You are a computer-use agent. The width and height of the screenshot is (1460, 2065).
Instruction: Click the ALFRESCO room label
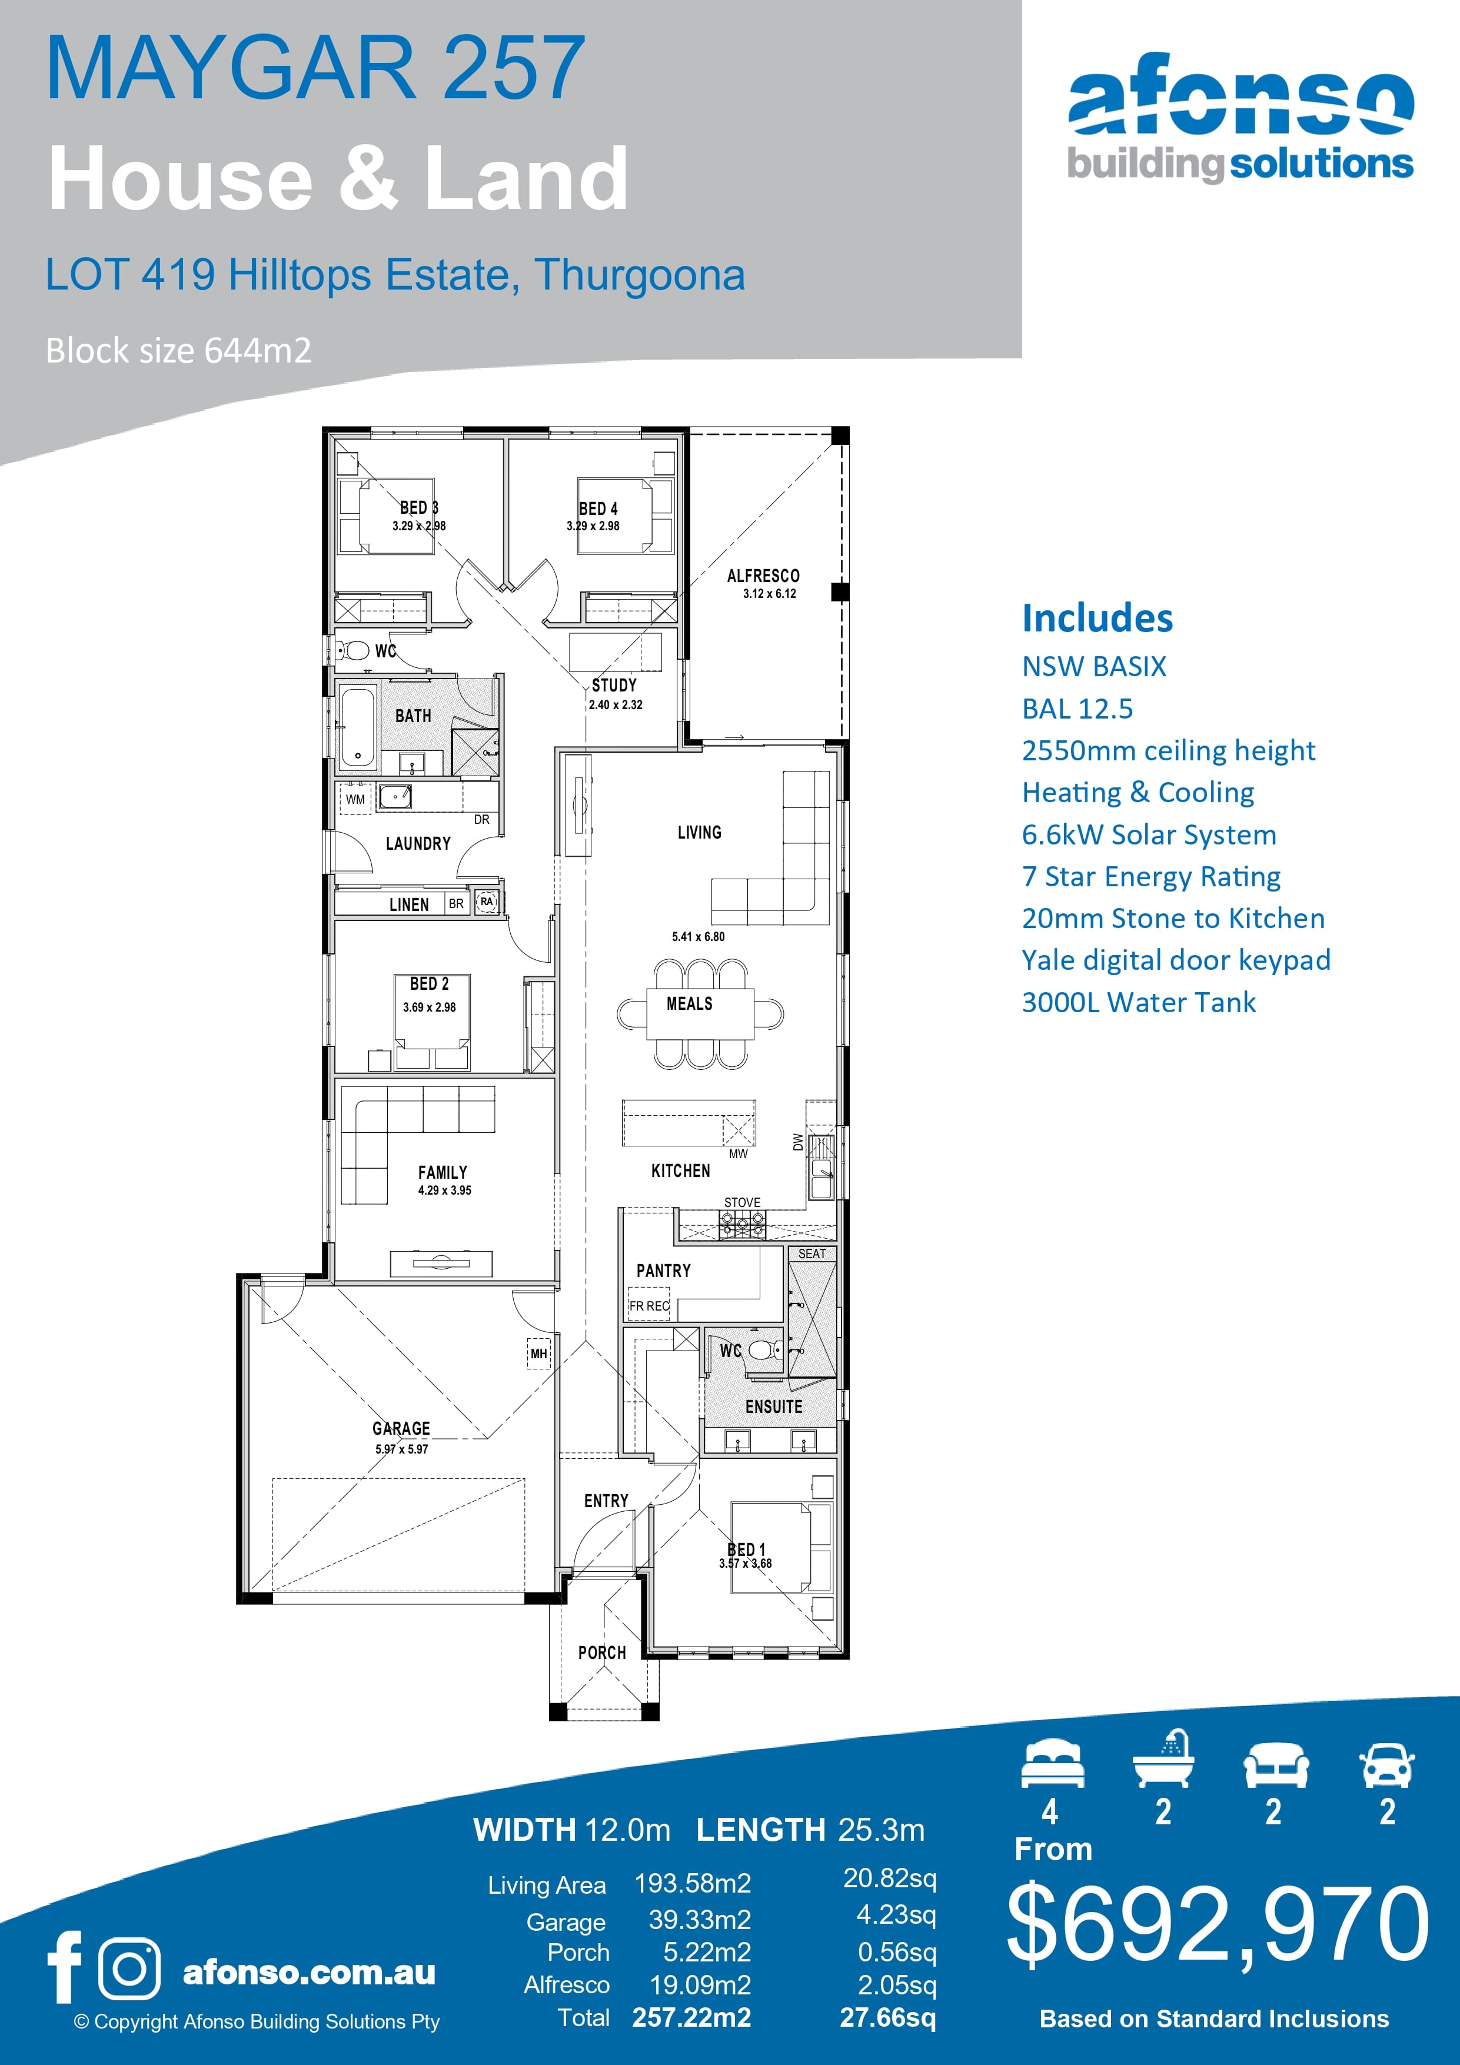click(x=763, y=576)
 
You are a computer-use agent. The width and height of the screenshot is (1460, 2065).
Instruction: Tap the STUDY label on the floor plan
click(x=614, y=686)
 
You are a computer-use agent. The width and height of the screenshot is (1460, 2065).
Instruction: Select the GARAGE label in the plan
click(x=401, y=1428)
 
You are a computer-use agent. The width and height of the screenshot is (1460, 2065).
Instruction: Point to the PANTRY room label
click(x=664, y=1271)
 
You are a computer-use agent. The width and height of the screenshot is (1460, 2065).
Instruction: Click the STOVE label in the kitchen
click(x=742, y=1202)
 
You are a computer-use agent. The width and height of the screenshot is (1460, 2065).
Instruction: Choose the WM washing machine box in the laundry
click(x=355, y=799)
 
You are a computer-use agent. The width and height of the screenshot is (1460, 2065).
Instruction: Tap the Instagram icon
click(x=129, y=1968)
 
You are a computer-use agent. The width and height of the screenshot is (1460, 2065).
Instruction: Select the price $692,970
click(x=1218, y=1925)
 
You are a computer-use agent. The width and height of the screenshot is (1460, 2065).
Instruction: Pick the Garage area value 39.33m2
click(x=700, y=1920)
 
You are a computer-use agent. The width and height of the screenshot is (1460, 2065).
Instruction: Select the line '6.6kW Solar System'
click(x=1149, y=834)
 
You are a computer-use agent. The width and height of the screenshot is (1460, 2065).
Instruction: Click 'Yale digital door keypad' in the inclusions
click(x=1176, y=960)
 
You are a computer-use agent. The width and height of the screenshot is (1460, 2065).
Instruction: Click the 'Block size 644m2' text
click(x=179, y=351)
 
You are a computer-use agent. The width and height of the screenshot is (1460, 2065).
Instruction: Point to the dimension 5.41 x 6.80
click(x=698, y=936)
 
